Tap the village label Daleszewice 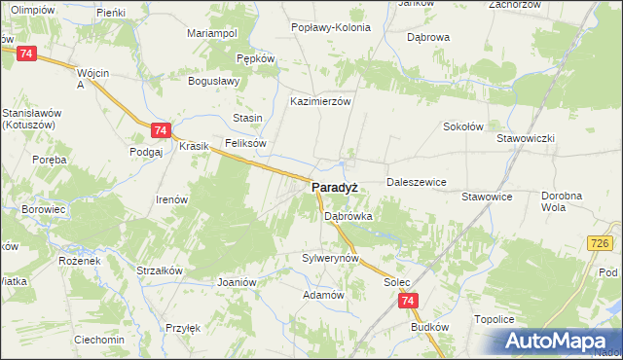[416, 182]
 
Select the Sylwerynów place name [331, 259]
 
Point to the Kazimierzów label [320, 100]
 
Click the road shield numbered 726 [599, 240]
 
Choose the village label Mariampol [212, 33]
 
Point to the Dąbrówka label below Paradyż [348, 217]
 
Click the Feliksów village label [245, 143]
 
